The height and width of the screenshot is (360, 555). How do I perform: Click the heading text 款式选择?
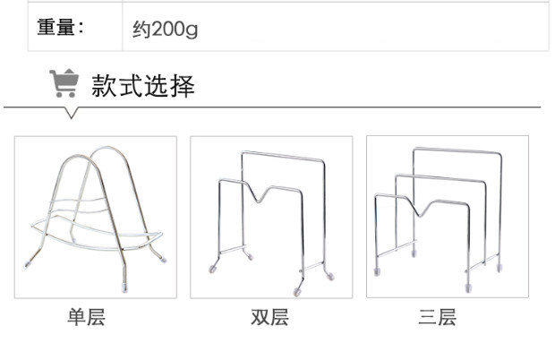click(142, 86)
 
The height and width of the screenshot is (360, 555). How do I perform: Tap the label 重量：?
click(60, 27)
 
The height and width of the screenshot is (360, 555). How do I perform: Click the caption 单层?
click(87, 318)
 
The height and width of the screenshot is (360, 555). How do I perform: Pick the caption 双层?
click(269, 318)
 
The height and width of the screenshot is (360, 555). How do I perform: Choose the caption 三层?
click(437, 318)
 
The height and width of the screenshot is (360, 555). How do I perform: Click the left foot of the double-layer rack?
click(214, 267)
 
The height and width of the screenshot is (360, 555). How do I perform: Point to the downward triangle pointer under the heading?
click(72, 114)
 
